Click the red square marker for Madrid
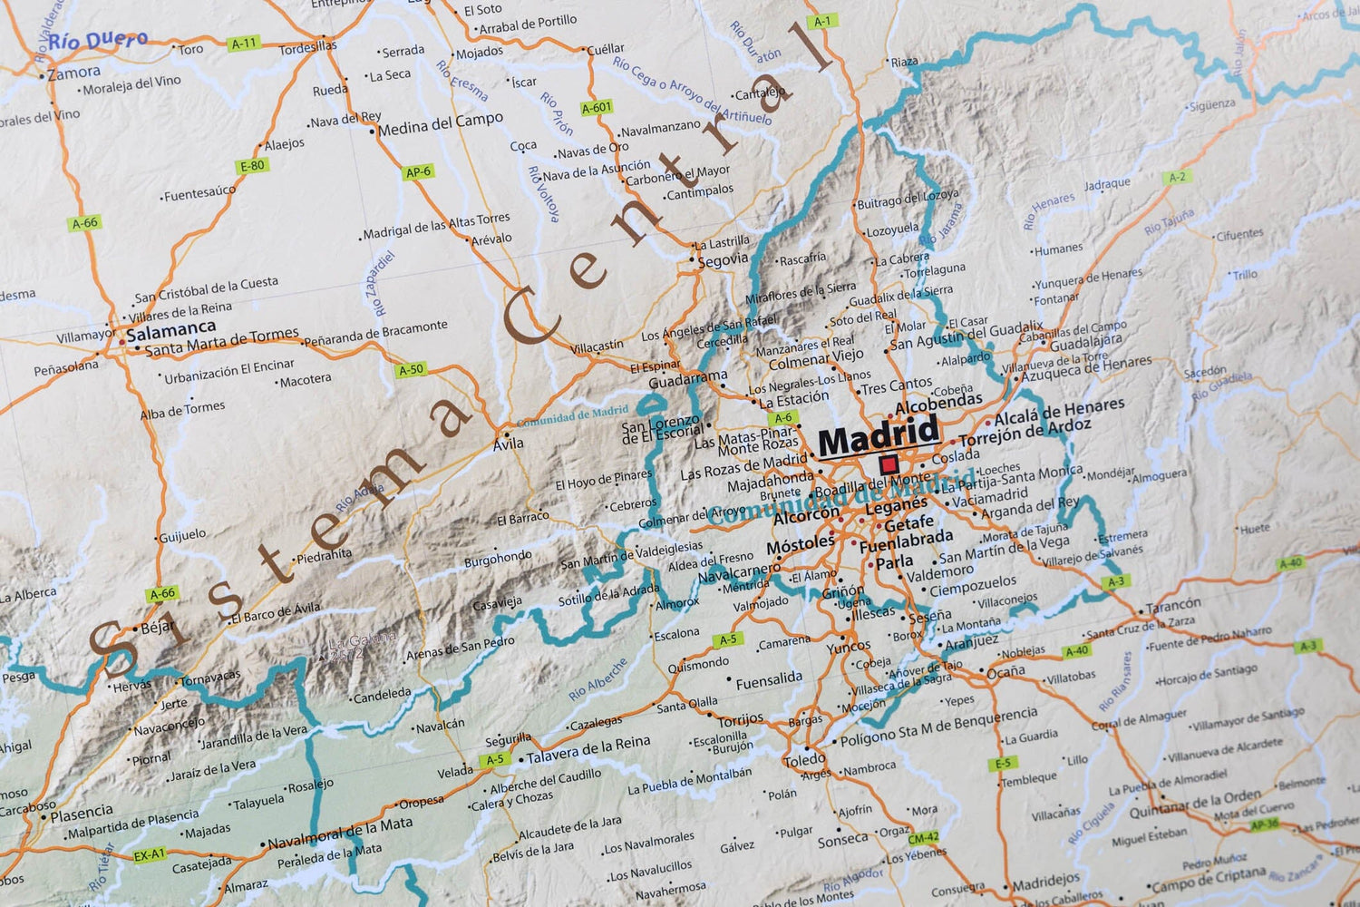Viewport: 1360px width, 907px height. (889, 465)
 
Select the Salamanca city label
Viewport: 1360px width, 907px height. (171, 330)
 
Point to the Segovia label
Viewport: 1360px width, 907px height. (724, 259)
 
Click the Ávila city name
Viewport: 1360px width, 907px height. (509, 444)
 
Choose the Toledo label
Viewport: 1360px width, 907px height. (805, 760)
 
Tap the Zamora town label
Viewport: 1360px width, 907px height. (74, 73)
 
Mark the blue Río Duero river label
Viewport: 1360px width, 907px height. (98, 41)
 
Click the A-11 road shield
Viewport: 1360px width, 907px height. (244, 43)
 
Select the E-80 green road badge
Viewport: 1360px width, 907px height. (252, 166)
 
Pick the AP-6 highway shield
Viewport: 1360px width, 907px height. (418, 171)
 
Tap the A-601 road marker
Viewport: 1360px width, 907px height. (597, 107)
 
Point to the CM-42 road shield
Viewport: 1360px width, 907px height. (924, 838)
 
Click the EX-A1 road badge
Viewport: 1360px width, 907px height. (150, 854)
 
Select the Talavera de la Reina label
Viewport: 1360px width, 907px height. (588, 750)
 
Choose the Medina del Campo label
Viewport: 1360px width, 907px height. (441, 124)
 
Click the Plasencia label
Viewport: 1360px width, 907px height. (82, 813)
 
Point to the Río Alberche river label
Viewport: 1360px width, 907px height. (598, 679)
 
